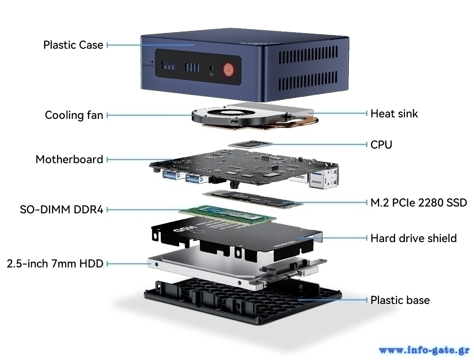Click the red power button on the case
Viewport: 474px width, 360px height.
229,70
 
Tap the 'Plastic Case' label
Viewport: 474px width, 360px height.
73,45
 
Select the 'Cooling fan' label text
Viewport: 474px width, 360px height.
74,115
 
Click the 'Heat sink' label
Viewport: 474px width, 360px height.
394,114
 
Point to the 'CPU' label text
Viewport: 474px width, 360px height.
381,145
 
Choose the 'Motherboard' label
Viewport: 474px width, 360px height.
70,159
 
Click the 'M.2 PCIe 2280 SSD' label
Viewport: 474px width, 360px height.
418,203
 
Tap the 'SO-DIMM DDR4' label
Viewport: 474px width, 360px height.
62,209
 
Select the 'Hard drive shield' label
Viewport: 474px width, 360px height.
414,238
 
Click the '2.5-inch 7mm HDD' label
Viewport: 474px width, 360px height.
55,264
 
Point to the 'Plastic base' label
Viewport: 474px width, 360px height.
400,300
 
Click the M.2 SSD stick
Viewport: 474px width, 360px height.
253,198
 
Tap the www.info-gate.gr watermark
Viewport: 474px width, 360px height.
424,350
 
